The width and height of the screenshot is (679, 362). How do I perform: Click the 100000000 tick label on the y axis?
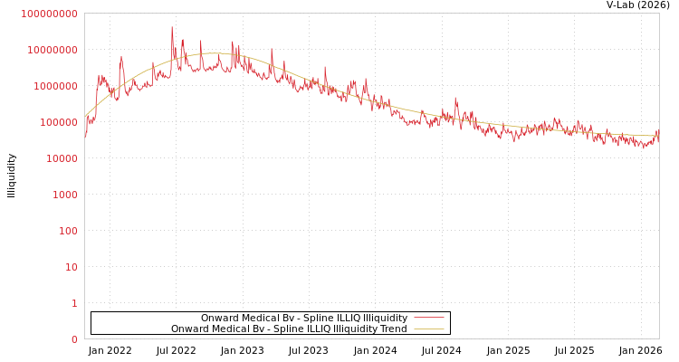tap(49, 14)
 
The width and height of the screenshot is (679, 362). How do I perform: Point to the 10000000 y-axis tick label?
tap(52, 50)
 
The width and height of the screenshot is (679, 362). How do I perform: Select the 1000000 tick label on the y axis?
tap(54, 86)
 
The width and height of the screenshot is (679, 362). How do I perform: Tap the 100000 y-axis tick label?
tap(57, 122)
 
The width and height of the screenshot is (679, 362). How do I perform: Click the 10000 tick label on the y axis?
tap(60, 158)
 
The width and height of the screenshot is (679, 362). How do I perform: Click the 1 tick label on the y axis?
tap(73, 303)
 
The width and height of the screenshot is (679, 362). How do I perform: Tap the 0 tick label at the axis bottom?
tap(73, 339)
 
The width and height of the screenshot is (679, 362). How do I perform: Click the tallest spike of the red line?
tap(172, 28)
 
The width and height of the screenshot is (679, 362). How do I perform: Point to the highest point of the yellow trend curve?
tap(213, 53)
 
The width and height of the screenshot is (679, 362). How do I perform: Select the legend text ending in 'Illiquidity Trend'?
tap(289, 329)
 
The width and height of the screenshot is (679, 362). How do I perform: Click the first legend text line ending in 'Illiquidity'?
tap(304, 319)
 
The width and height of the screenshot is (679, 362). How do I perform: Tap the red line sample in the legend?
tap(428, 318)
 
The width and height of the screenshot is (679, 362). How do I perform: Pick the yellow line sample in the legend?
tap(428, 329)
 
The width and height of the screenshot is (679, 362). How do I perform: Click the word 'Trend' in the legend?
tap(393, 329)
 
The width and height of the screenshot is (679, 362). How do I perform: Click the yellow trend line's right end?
tap(658, 136)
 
